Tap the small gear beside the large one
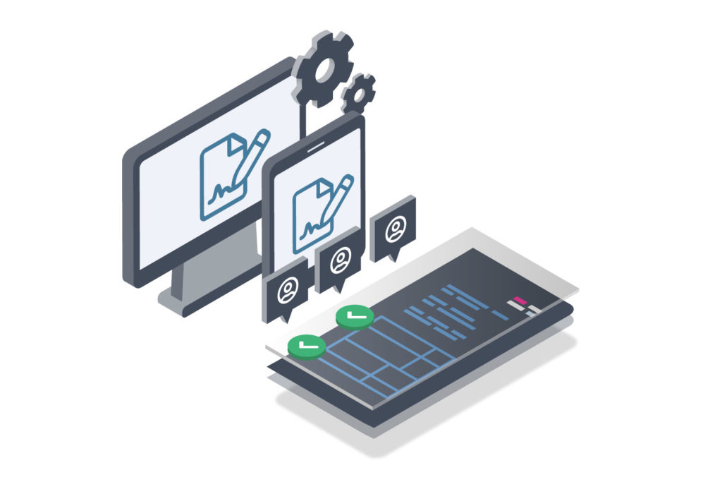pos(358,92)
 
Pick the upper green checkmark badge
pos(355,316)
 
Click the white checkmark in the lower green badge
pos(306,344)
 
